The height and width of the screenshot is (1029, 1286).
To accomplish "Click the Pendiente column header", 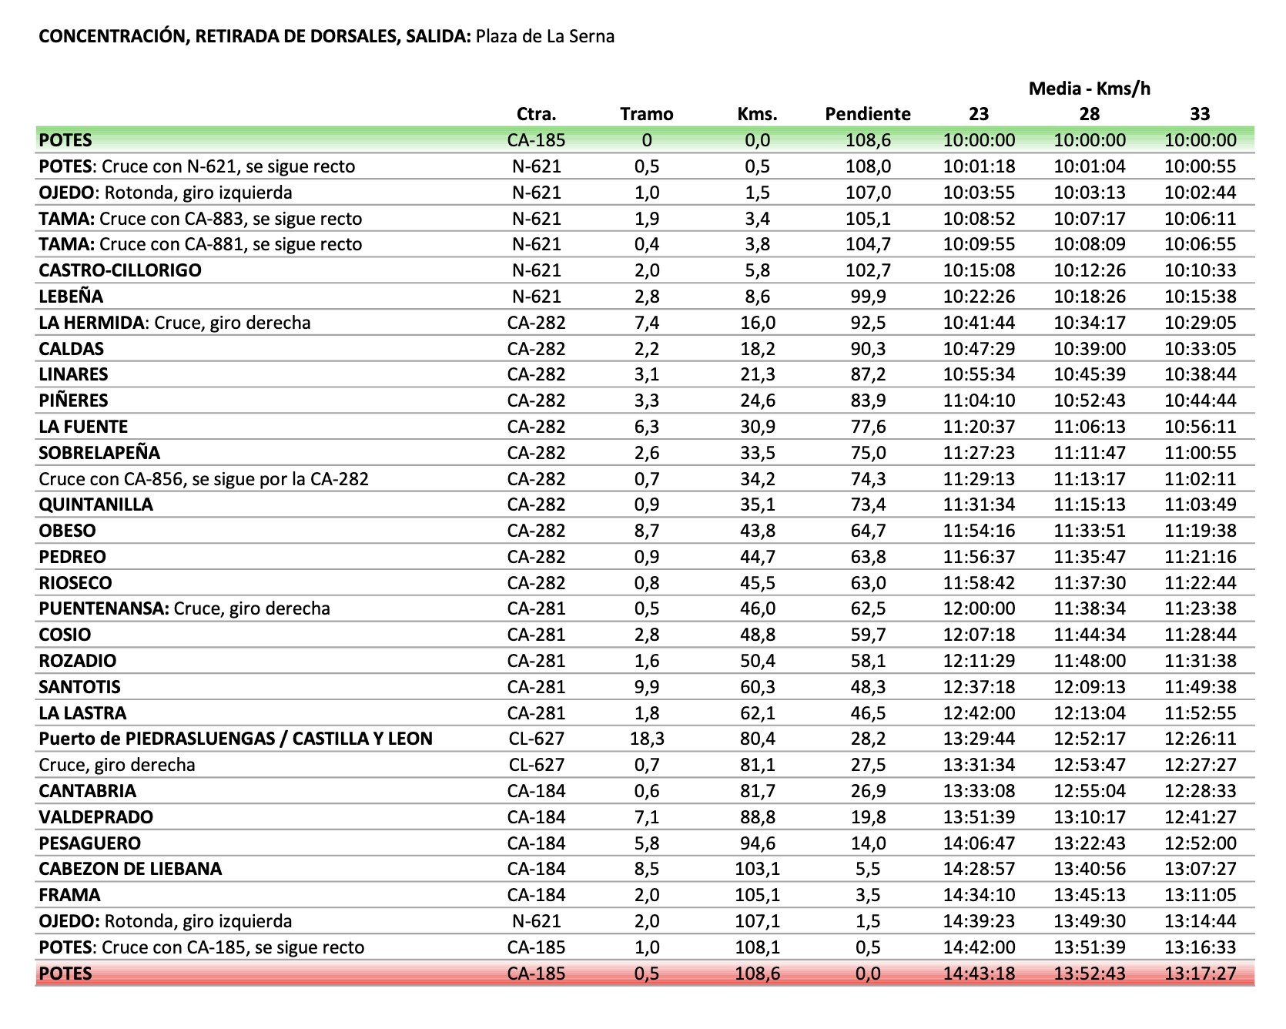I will click(x=867, y=114).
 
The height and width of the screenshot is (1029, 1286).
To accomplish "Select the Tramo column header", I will click(x=646, y=114).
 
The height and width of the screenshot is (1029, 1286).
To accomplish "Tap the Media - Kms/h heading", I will click(x=1089, y=89).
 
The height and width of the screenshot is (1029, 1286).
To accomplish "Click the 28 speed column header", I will click(x=1089, y=114).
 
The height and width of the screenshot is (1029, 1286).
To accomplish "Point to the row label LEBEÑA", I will click(x=71, y=297).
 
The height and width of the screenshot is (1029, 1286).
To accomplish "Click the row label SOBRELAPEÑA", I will click(x=99, y=453).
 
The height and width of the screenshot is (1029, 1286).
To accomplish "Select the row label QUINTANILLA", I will click(x=95, y=504).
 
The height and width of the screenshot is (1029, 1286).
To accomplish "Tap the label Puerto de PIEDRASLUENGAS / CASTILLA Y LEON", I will click(x=236, y=739).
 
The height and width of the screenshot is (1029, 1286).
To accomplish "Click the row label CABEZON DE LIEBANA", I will click(x=130, y=869).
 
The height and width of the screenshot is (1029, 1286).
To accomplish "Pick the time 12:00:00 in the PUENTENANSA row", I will click(x=979, y=608).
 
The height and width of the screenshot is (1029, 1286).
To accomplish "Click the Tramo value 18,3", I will click(x=646, y=739).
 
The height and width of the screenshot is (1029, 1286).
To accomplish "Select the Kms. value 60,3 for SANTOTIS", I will click(x=757, y=687).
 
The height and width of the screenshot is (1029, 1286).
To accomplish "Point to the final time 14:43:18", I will click(x=979, y=974).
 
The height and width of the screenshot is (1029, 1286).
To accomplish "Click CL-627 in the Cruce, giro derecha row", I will click(x=536, y=765).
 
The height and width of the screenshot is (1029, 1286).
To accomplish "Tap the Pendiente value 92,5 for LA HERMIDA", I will click(x=868, y=323).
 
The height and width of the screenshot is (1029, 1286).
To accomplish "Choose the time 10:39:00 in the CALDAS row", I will click(x=1089, y=349).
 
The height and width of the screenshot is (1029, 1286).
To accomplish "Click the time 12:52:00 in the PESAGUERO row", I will click(x=1200, y=843).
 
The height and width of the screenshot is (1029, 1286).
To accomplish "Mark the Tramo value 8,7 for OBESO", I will click(x=646, y=531).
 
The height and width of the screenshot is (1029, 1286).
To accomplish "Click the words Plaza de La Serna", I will click(x=544, y=36).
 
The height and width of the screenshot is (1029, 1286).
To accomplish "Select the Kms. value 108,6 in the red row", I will click(x=757, y=974).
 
